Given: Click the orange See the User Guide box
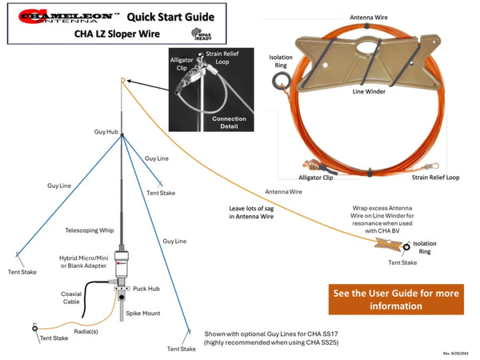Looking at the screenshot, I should (x=394, y=299).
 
